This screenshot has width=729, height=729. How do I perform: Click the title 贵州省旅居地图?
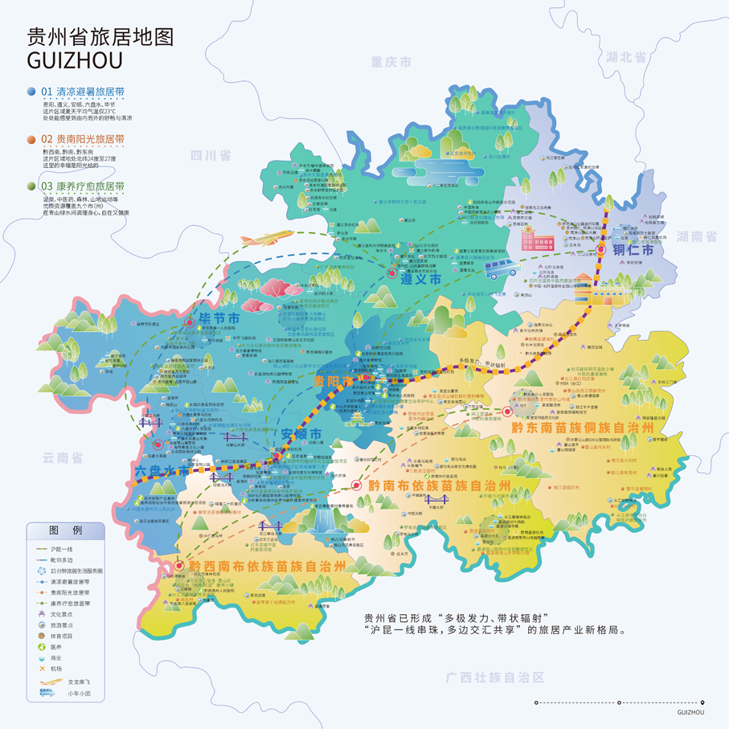[100, 37]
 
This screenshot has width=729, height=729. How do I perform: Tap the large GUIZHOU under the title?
[75, 61]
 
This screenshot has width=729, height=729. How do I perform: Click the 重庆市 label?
[391, 62]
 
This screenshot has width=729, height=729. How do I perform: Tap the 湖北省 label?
[627, 57]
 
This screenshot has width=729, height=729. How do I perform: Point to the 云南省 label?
[63, 458]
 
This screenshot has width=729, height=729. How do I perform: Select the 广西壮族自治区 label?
[495, 677]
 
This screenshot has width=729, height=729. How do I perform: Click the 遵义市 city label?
[423, 280]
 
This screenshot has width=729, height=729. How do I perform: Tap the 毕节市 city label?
[216, 319]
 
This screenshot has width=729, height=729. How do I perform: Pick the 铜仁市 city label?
[635, 251]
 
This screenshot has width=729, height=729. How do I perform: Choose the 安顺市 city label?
[301, 435]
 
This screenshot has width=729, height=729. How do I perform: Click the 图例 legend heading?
[65, 530]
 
